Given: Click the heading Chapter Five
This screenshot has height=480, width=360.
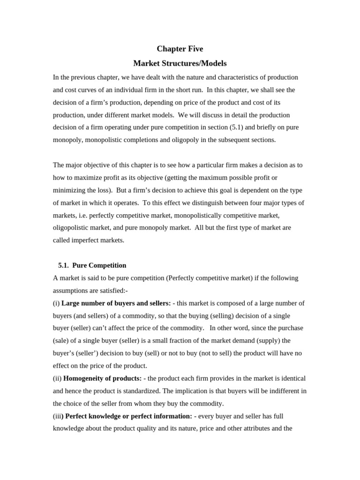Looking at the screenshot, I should point(180,49).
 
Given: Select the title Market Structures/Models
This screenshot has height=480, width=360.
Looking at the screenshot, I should point(180,63).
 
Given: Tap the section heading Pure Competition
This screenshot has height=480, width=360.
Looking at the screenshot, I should point(99,265).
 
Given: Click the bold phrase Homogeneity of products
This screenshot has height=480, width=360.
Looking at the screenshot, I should point(102,378).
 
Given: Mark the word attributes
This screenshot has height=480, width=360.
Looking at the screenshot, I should point(256,428).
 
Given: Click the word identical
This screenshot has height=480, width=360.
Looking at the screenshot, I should point(292,378).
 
